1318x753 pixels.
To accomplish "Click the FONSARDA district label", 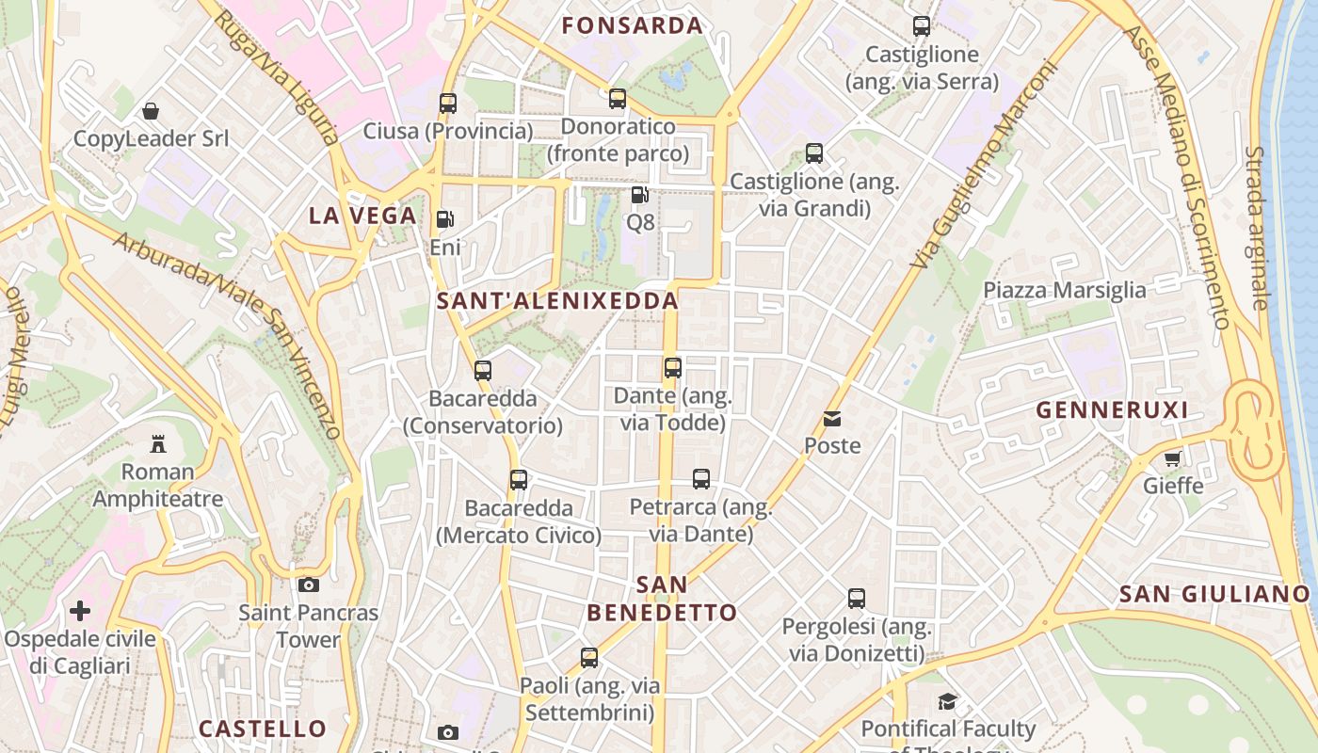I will [x=633, y=25].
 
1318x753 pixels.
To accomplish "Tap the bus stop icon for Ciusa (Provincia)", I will [x=448, y=104].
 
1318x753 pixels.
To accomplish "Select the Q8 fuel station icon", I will [x=639, y=196].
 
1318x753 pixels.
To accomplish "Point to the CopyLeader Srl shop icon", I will [x=151, y=111].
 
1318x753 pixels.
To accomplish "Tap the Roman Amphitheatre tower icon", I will [x=158, y=443].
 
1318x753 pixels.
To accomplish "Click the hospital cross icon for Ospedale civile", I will [x=80, y=611].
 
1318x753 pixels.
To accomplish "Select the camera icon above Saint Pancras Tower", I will [x=308, y=585].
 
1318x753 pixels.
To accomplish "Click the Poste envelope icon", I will [x=832, y=419].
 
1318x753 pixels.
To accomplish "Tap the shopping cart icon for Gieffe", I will [x=1172, y=458].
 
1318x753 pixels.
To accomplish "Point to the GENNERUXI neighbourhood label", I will [x=1112, y=410].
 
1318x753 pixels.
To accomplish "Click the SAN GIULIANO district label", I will [x=1214, y=594].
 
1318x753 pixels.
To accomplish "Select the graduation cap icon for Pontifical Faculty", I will [x=947, y=701].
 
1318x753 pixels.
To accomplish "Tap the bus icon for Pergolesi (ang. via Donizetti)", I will [x=857, y=599].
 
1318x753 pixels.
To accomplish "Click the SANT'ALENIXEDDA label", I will [x=557, y=301].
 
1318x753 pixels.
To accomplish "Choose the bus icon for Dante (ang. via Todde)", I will [x=672, y=368].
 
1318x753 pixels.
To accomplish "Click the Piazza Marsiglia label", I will [x=1065, y=290].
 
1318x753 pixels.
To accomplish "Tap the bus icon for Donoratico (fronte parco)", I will [x=618, y=99].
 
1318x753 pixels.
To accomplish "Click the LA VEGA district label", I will [x=362, y=216].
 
